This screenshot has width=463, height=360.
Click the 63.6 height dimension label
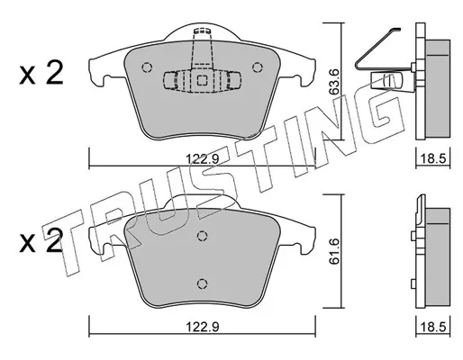pos(333,82)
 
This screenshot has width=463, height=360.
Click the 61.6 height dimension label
pos(333,251)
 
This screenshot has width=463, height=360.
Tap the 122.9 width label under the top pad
pos(203,158)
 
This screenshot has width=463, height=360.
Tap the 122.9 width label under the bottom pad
pos(203,327)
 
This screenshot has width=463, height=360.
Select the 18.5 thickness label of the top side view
pos(432,158)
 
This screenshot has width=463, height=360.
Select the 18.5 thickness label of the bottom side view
pos(432,327)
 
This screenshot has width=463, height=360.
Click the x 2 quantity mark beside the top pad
pos(41,72)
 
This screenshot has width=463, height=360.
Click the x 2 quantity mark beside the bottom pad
pos(41,240)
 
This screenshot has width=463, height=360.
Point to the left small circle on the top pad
pos(147,67)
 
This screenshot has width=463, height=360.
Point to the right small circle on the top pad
pos(258,67)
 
